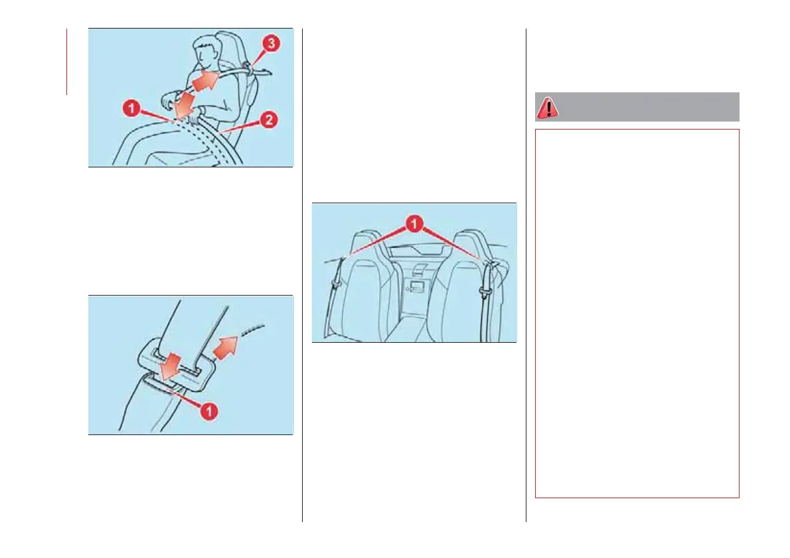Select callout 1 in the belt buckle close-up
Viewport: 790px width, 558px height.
click(208, 411)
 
